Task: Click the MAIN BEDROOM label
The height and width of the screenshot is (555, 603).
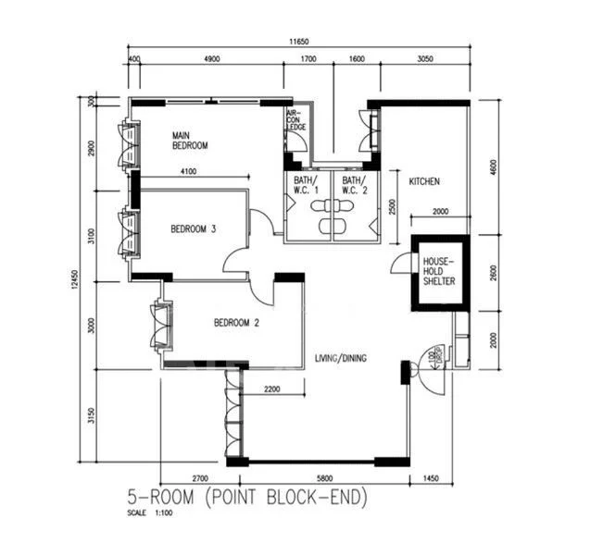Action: click(x=190, y=141)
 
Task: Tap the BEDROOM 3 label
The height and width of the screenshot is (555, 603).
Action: click(x=193, y=229)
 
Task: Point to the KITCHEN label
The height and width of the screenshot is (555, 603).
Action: click(x=424, y=181)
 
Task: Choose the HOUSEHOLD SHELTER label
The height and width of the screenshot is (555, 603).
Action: click(x=439, y=271)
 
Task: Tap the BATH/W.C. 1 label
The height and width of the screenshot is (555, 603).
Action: click(x=306, y=185)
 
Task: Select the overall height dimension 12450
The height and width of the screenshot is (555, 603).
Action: click(x=81, y=277)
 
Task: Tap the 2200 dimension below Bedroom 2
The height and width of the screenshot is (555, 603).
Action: click(x=271, y=389)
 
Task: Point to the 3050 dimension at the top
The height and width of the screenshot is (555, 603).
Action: click(x=424, y=58)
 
